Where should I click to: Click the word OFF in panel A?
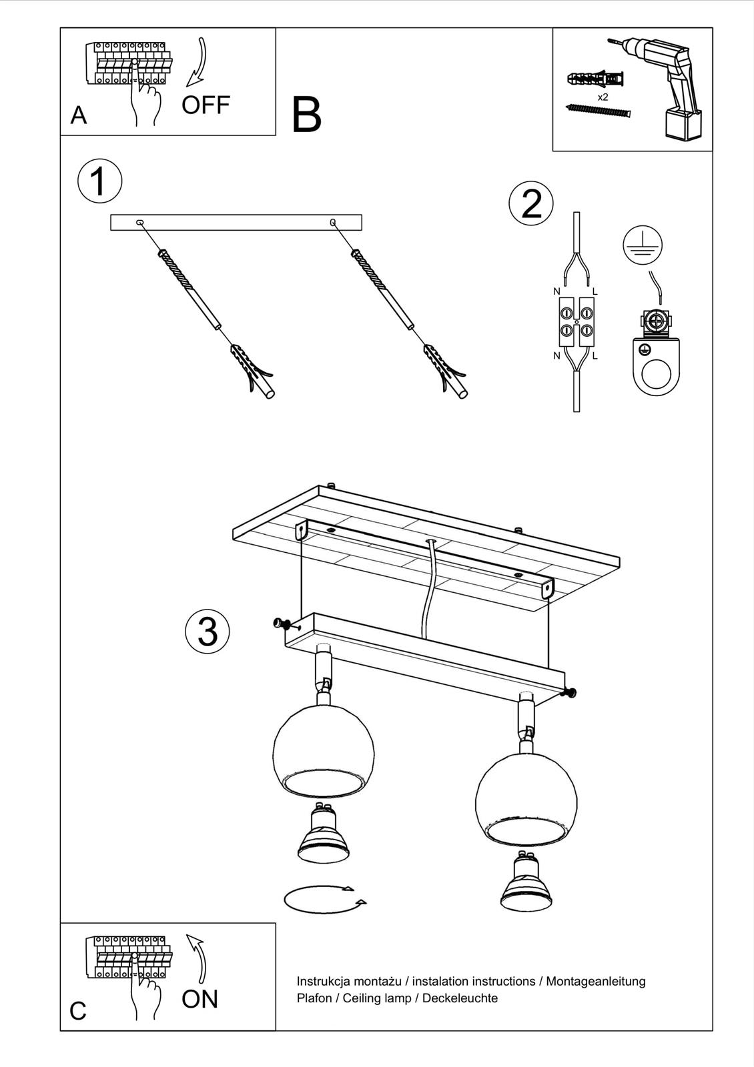point(206,105)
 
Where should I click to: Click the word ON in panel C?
point(200,998)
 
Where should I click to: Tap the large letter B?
point(306,115)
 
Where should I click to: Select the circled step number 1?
point(99,181)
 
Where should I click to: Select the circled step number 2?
point(531,204)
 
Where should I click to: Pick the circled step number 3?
point(208,631)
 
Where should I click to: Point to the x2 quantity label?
point(603,97)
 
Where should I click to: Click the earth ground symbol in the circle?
point(643,245)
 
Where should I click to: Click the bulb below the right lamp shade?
point(526,882)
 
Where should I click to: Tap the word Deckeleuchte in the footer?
point(460,998)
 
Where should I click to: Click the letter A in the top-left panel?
point(79,115)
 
